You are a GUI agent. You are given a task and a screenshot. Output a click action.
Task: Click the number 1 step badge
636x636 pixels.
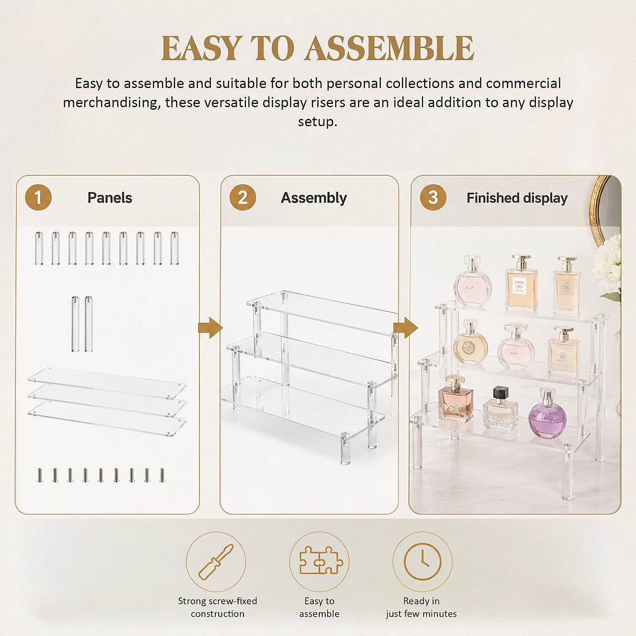coord(38,197)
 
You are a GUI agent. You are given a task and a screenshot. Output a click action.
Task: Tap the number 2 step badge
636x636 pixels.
coord(243,197)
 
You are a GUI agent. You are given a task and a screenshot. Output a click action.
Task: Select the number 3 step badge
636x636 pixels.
coord(433,197)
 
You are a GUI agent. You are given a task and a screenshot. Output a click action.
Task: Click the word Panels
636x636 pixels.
coord(109,197)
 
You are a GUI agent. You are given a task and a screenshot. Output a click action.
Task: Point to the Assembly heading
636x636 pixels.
coord(313,198)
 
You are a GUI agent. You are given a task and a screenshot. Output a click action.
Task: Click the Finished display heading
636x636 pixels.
coord(517,198)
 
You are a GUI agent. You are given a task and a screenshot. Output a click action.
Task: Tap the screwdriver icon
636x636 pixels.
coord(216,562)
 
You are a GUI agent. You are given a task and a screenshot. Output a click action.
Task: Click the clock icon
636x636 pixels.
coord(423,561)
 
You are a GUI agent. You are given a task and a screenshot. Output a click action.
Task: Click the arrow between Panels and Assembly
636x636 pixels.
coord(210,328)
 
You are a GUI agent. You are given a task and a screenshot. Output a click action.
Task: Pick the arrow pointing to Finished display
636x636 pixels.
coord(406,328)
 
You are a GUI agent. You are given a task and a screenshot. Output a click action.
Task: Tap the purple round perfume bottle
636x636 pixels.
coord(547,413)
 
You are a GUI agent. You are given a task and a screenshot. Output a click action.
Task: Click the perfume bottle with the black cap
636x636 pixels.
coord(500,409)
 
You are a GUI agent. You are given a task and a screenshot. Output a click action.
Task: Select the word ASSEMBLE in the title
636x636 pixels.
coord(389,48)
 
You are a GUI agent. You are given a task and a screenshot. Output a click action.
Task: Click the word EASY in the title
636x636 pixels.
coord(200,48)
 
